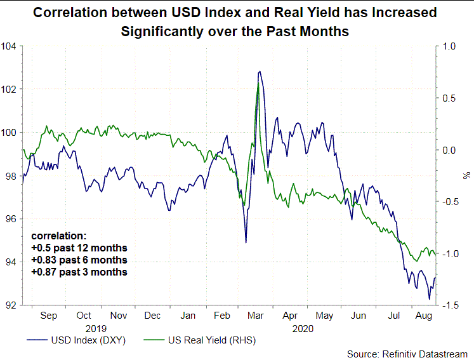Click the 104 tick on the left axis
click(x=10, y=46)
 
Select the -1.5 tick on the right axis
click(x=449, y=305)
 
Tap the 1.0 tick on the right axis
click(x=449, y=46)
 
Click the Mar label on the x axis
click(x=256, y=315)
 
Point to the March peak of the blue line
click(x=259, y=72)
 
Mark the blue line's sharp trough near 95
click(x=246, y=242)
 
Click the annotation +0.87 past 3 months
click(x=79, y=272)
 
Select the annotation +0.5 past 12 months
click(x=79, y=248)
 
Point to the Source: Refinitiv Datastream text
click(x=407, y=353)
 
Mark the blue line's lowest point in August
click(x=429, y=298)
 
